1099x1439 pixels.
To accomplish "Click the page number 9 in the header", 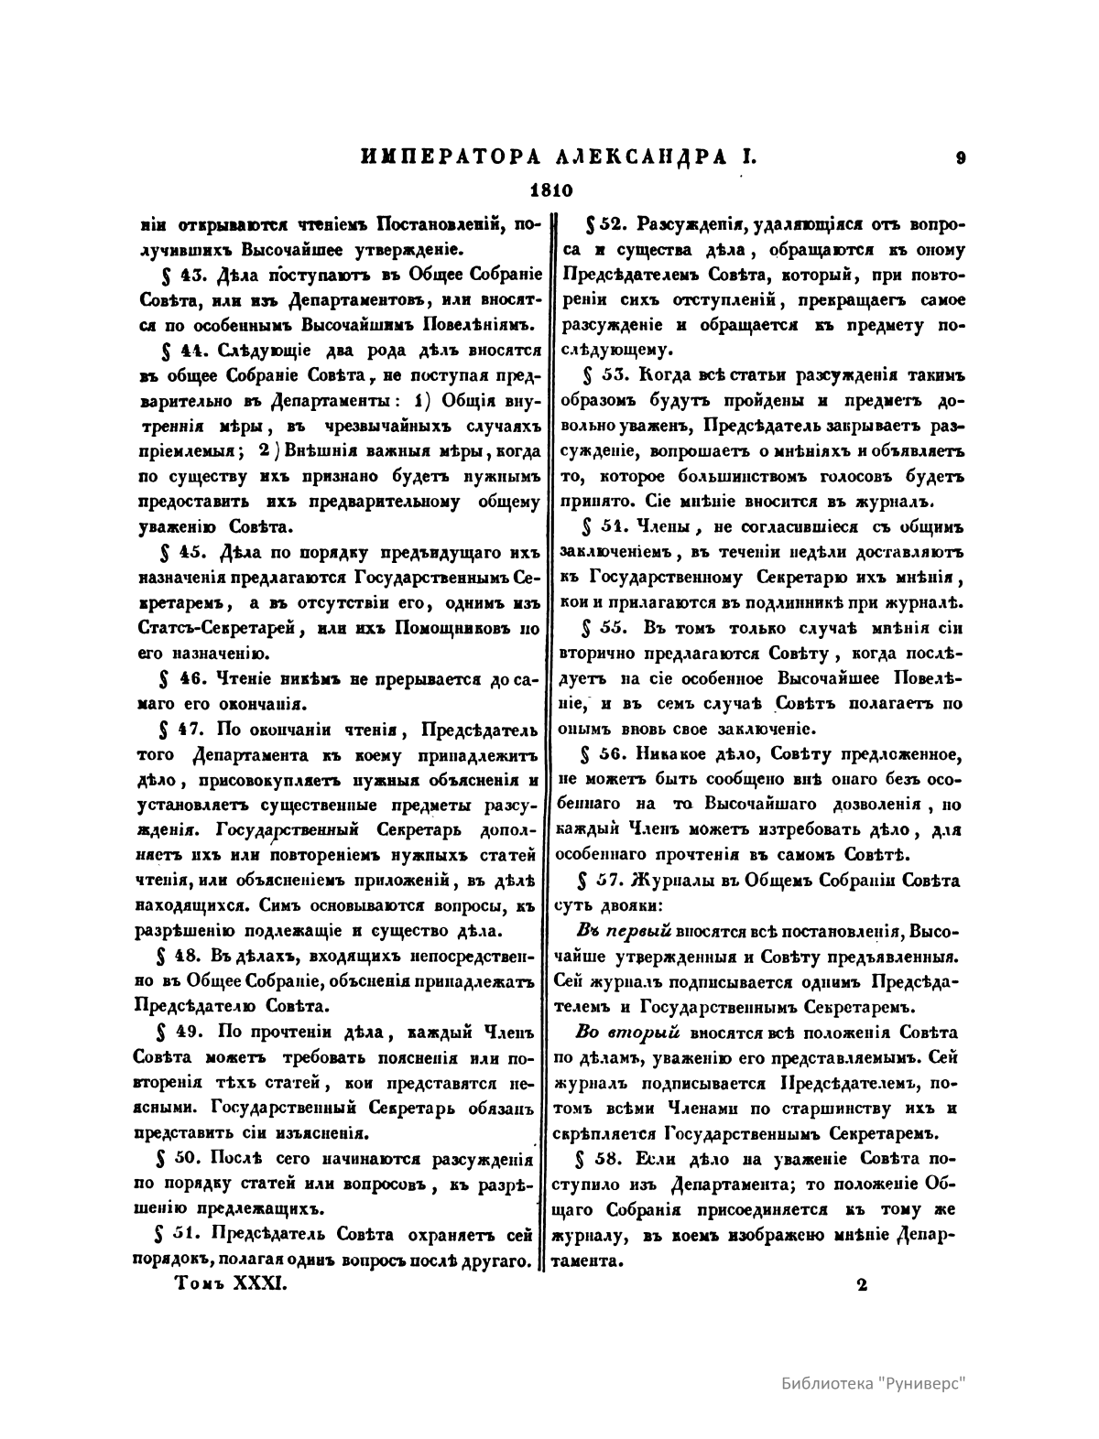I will point(960,157).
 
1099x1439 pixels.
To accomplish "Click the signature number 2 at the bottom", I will point(862,1284).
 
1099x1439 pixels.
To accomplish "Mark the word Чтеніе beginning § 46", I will point(238,680).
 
